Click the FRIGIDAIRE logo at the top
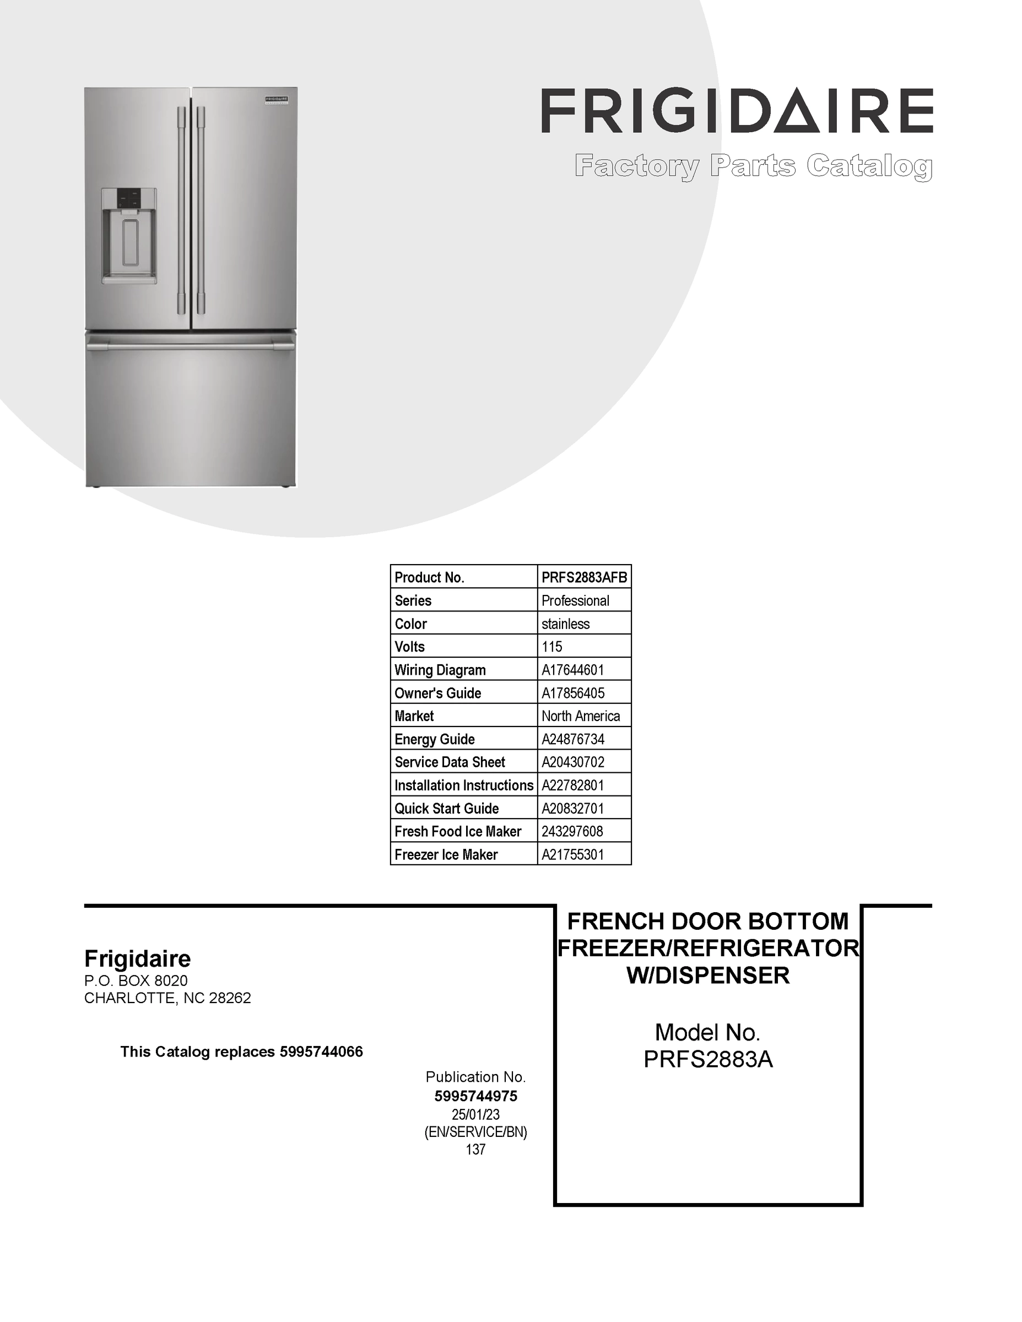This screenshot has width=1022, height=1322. [x=736, y=111]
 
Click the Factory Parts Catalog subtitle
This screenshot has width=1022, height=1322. [x=753, y=166]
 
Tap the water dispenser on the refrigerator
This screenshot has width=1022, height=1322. [x=129, y=236]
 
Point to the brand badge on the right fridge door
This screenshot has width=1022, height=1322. [x=275, y=99]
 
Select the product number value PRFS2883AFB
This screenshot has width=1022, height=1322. [x=583, y=577]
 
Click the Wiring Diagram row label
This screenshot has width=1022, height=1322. [x=440, y=670]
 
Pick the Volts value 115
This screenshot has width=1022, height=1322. [x=551, y=647]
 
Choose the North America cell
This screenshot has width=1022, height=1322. [x=580, y=716]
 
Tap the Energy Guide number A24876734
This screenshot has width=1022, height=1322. [x=573, y=739]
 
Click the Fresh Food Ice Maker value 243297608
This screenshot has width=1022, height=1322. [x=572, y=831]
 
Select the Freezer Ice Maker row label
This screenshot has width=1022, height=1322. [x=446, y=855]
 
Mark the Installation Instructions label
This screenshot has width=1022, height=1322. [x=464, y=785]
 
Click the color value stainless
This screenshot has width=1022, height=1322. [x=565, y=624]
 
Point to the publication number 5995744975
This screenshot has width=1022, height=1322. [x=476, y=1096]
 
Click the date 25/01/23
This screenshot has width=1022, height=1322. [x=476, y=1114]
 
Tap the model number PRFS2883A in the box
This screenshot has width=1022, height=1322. [x=708, y=1059]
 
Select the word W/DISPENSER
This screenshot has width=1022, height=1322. [x=708, y=975]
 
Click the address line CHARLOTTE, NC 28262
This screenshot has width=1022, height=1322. [x=167, y=998]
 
